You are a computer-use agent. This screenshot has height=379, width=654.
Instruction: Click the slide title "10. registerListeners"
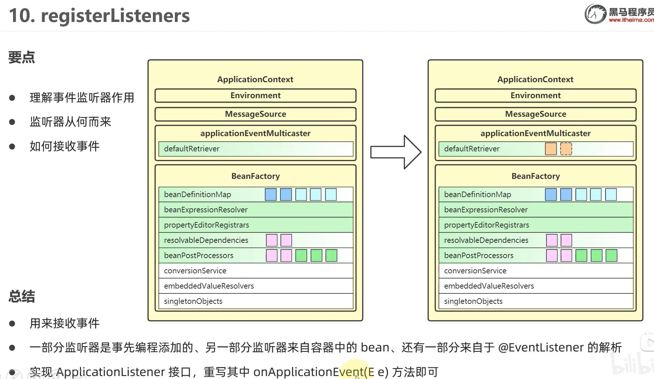(x=99, y=16)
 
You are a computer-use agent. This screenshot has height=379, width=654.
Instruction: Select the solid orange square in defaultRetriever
(x=551, y=149)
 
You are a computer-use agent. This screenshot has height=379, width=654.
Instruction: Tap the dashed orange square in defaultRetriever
(x=566, y=149)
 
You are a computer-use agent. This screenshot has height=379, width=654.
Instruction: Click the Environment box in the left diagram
(x=255, y=96)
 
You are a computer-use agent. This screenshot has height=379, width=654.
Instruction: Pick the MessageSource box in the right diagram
(x=535, y=114)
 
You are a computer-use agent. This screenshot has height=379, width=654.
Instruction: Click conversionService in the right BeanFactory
(x=475, y=271)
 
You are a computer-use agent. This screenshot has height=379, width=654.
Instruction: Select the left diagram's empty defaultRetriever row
(x=256, y=149)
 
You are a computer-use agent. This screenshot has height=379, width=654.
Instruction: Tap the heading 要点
(x=22, y=58)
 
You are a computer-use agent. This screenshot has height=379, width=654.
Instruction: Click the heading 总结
(x=22, y=297)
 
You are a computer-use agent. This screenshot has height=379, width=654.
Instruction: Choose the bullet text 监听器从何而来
(x=70, y=122)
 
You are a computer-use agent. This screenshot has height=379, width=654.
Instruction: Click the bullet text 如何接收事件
(x=65, y=146)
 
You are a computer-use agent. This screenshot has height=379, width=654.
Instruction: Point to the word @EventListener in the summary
(x=541, y=347)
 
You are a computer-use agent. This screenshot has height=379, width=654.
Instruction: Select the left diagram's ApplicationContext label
(x=255, y=79)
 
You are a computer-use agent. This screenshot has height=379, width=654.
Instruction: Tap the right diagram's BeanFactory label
(x=535, y=176)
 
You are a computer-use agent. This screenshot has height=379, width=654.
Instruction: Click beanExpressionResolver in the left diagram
(x=206, y=210)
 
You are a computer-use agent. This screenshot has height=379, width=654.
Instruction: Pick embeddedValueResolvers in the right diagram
(x=489, y=286)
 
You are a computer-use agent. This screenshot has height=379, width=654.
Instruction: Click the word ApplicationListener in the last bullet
(x=110, y=372)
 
